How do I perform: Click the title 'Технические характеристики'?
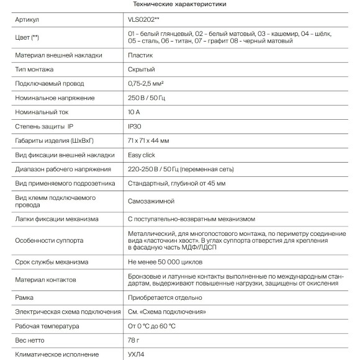pyautogui.click(x=180, y=4)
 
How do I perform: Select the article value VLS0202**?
pyautogui.click(x=143, y=20)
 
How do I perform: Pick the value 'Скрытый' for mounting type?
pyautogui.click(x=141, y=70)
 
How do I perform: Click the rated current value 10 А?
pyautogui.click(x=135, y=112)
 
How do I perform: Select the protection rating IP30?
pyautogui.click(x=135, y=127)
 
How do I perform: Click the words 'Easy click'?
pyautogui.click(x=142, y=155)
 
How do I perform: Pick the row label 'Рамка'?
pyautogui.click(x=24, y=297)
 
